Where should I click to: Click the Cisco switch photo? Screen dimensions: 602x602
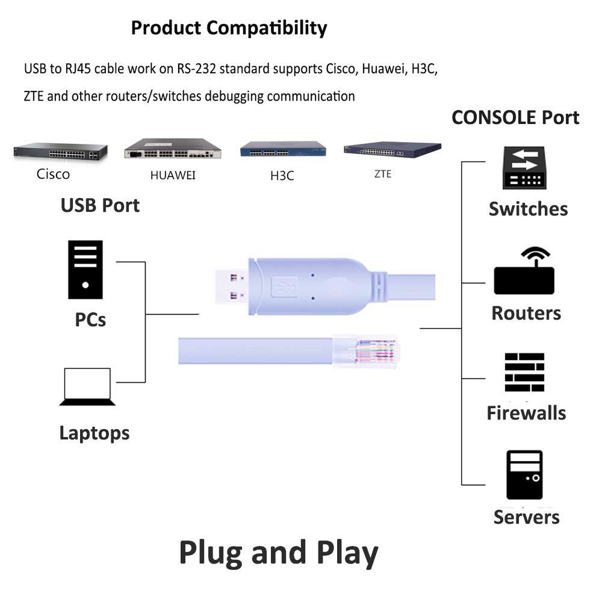point(60,152)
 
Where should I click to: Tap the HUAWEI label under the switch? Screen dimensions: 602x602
point(173,176)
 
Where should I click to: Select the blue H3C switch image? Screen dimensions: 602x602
point(282,149)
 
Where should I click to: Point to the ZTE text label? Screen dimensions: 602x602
point(383,174)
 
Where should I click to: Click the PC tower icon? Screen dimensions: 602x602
point(85,270)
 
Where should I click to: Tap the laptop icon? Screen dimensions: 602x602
point(87,386)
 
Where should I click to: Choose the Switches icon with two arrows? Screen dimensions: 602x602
point(524,169)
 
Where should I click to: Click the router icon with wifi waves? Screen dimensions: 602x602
point(524,272)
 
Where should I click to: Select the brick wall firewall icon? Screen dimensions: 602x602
point(524,373)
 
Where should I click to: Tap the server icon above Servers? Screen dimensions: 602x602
point(524,474)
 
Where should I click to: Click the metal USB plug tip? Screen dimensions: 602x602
point(231,286)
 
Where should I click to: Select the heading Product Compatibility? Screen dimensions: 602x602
point(229,28)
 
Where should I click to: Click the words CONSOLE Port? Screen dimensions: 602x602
point(515,117)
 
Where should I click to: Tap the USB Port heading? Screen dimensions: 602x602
point(100,205)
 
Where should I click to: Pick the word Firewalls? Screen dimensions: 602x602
point(526,413)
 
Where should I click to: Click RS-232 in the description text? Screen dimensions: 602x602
point(196,69)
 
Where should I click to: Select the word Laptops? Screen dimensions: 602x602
point(95,432)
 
